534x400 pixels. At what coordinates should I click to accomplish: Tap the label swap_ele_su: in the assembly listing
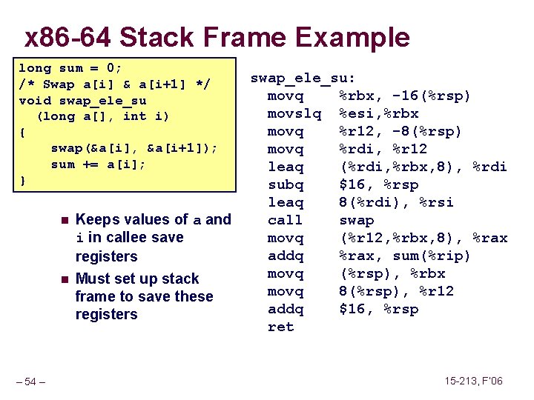pyautogui.click(x=303, y=78)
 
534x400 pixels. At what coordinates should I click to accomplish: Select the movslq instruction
pyautogui.click(x=294, y=113)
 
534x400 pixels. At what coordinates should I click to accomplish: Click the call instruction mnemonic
pyautogui.click(x=286, y=220)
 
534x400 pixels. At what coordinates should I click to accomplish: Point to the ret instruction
pyautogui.click(x=280, y=327)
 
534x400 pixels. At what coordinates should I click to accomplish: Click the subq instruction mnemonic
pyautogui.click(x=286, y=184)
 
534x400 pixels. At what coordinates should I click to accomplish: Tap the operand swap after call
pyautogui.click(x=357, y=220)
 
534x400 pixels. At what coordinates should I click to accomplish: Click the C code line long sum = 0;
pyautogui.click(x=70, y=68)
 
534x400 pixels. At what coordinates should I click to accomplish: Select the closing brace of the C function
pyautogui.click(x=23, y=181)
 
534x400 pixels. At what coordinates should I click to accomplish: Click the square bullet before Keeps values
pyautogui.click(x=65, y=220)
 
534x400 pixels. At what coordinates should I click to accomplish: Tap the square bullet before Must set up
pyautogui.click(x=65, y=279)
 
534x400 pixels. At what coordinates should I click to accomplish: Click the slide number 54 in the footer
pyautogui.click(x=30, y=381)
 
